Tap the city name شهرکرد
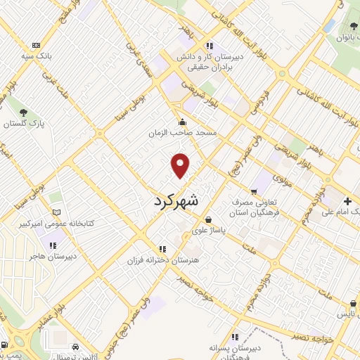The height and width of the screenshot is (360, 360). (176, 200)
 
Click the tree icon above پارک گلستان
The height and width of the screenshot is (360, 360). (24, 112)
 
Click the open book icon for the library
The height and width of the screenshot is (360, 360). (57, 212)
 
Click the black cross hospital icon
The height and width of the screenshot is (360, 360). (349, 201)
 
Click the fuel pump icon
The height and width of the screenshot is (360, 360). (6, 345)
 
